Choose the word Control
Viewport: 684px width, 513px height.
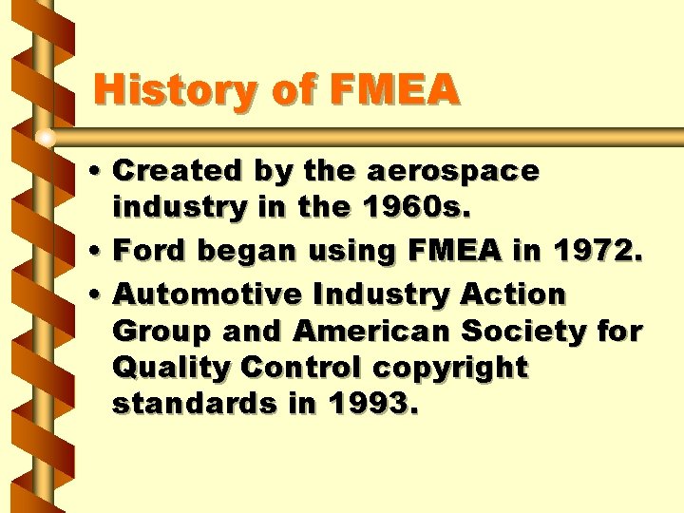point(294,368)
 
